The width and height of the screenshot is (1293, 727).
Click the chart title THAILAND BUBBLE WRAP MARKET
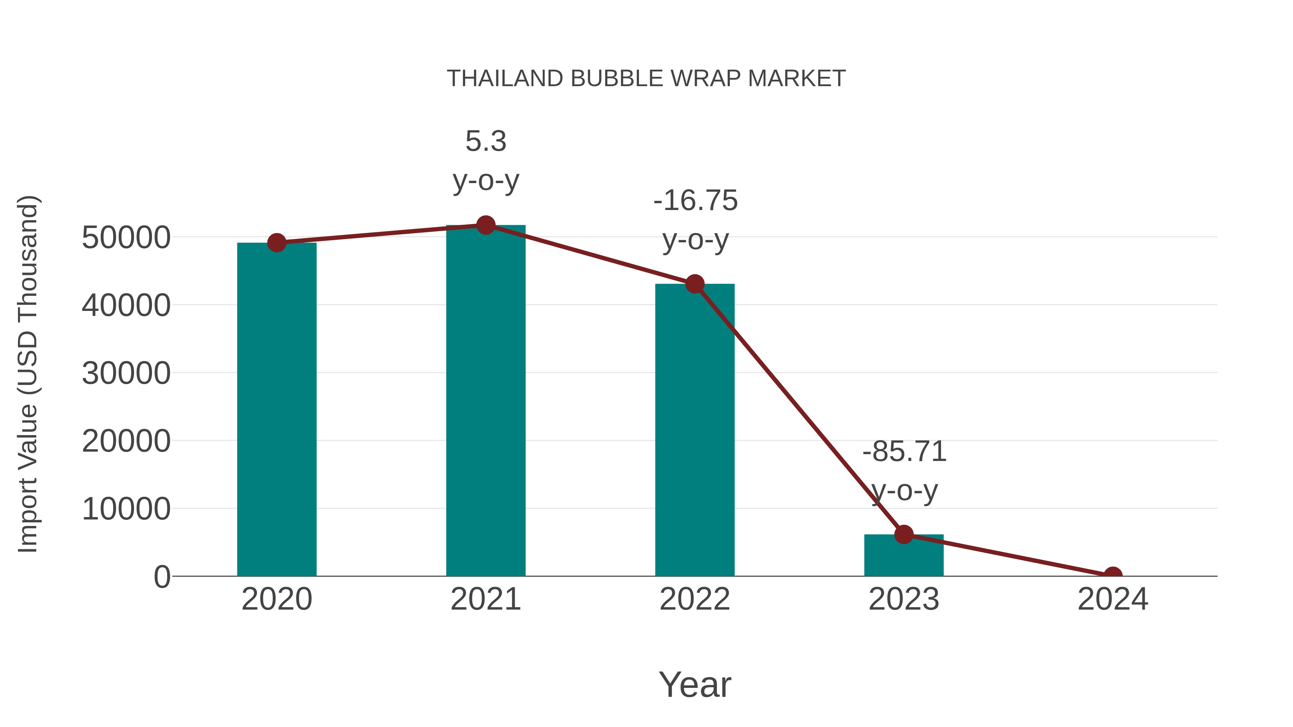[x=646, y=79]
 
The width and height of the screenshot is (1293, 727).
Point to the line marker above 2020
[x=277, y=243]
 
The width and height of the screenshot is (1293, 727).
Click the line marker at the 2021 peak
[x=485, y=225]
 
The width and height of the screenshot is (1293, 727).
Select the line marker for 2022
[x=694, y=284]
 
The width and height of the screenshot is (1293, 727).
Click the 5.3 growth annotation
[x=485, y=141]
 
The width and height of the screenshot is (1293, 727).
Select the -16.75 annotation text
[x=695, y=201]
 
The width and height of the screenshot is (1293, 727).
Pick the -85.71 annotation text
[x=904, y=452]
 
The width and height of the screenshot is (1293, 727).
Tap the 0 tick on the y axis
[x=162, y=577]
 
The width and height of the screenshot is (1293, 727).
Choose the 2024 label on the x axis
[x=1112, y=599]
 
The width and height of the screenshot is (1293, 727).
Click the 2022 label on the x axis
[x=694, y=599]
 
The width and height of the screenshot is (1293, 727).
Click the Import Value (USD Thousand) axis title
[x=28, y=374]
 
